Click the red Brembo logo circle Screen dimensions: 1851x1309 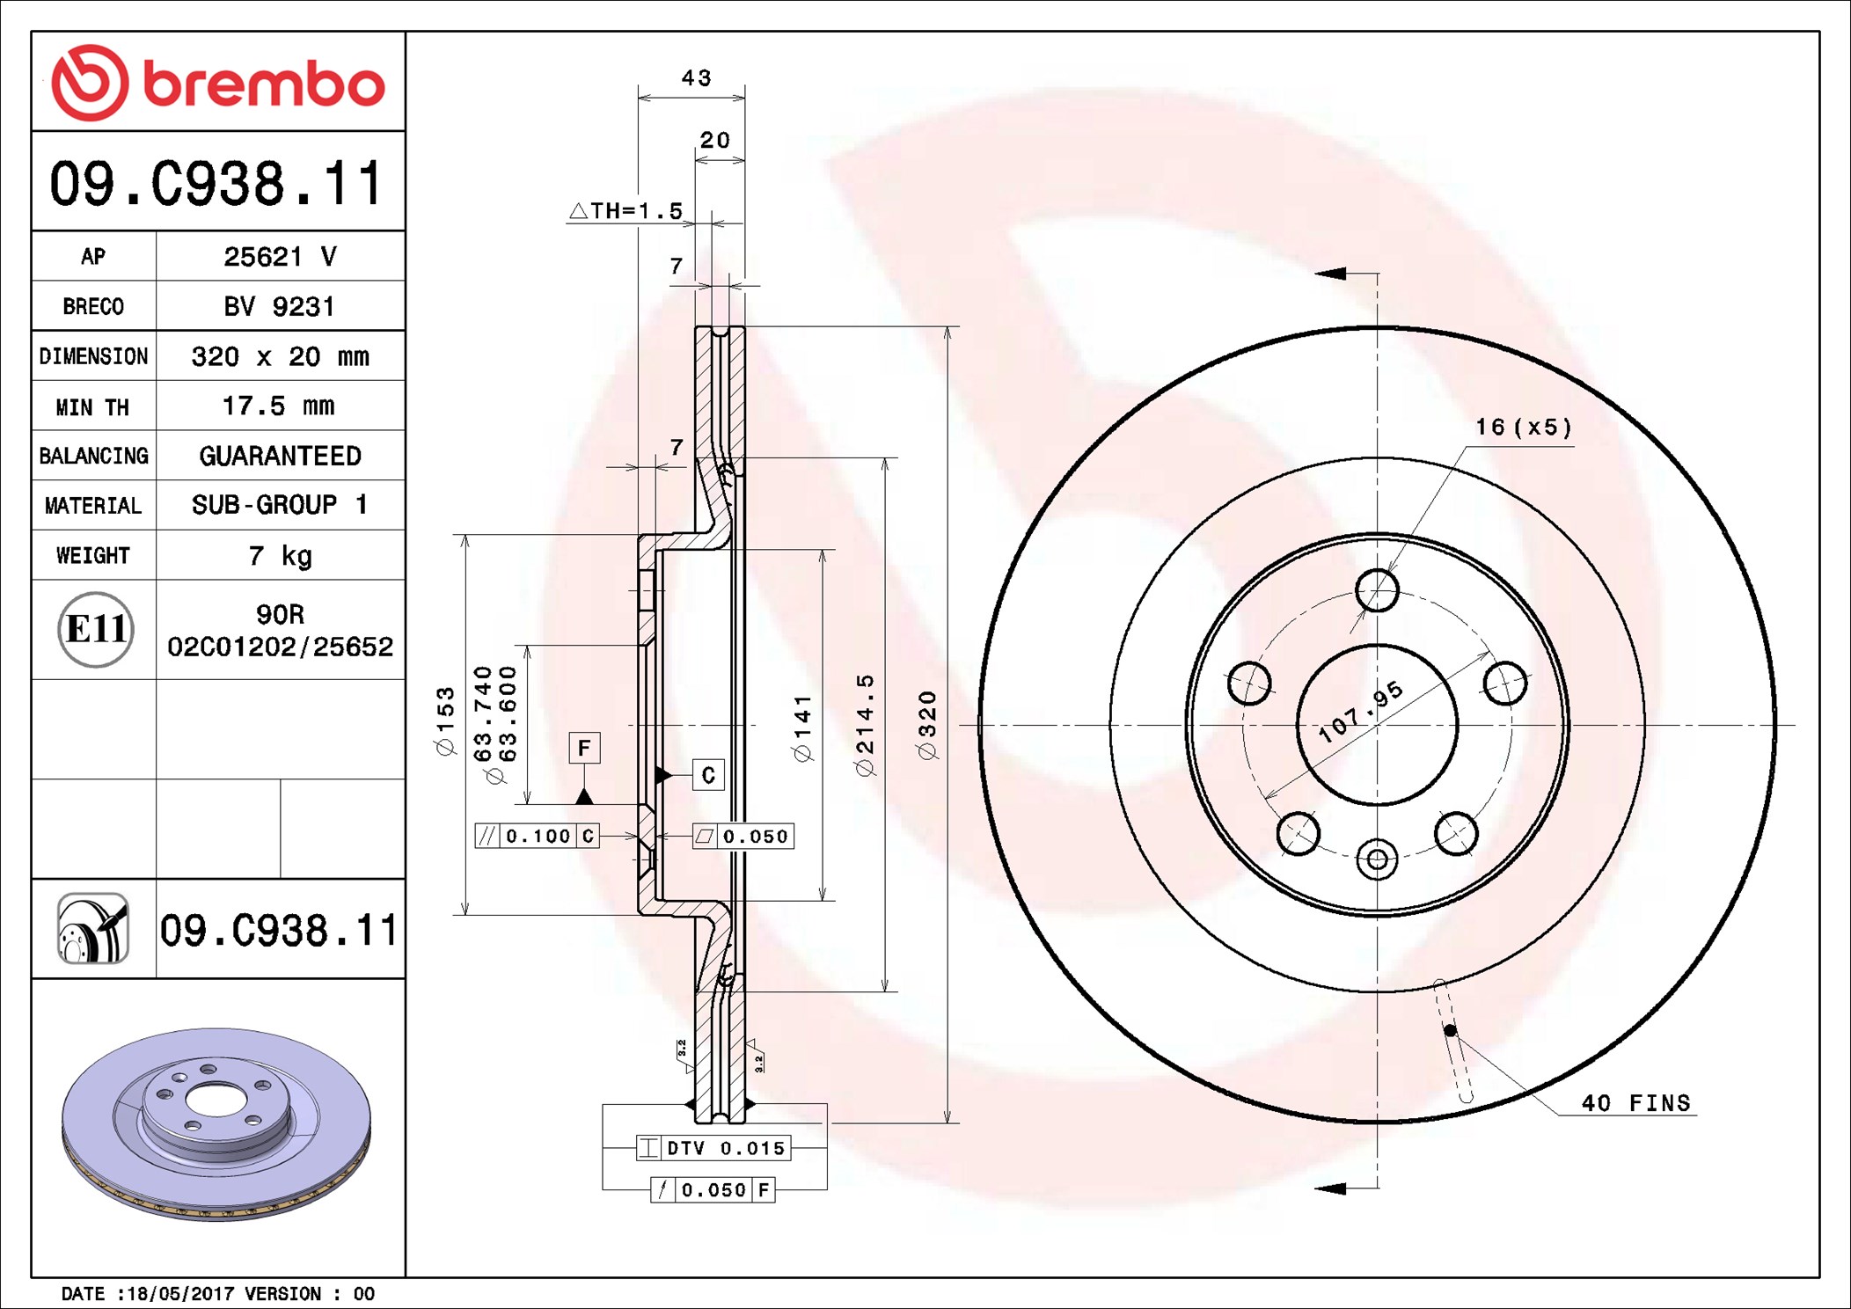pyautogui.click(x=91, y=83)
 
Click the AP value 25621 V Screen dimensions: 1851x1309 pyautogui.click(x=280, y=257)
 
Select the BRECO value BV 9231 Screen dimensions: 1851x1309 pyautogui.click(x=279, y=306)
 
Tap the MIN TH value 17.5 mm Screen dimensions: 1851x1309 pyautogui.click(x=279, y=406)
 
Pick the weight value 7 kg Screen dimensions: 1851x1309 pyautogui.click(x=280, y=556)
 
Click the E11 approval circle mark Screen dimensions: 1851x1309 pyautogui.click(x=95, y=629)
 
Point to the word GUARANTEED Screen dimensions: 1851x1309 pyautogui.click(x=280, y=456)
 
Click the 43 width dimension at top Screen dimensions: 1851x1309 pyautogui.click(x=696, y=78)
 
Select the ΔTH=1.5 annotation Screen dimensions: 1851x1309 pyautogui.click(x=626, y=211)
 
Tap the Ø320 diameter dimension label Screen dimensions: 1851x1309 pyautogui.click(x=926, y=725)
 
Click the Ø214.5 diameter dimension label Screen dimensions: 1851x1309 pyautogui.click(x=865, y=725)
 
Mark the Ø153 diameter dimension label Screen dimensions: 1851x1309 pyautogui.click(x=446, y=720)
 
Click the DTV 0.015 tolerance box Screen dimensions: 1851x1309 pyautogui.click(x=713, y=1148)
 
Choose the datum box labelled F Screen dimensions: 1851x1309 pyautogui.click(x=584, y=748)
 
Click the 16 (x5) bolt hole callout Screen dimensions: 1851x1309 pyautogui.click(x=1524, y=428)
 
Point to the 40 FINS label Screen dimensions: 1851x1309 pyautogui.click(x=1636, y=1103)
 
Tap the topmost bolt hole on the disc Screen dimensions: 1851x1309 pyautogui.click(x=1377, y=589)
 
